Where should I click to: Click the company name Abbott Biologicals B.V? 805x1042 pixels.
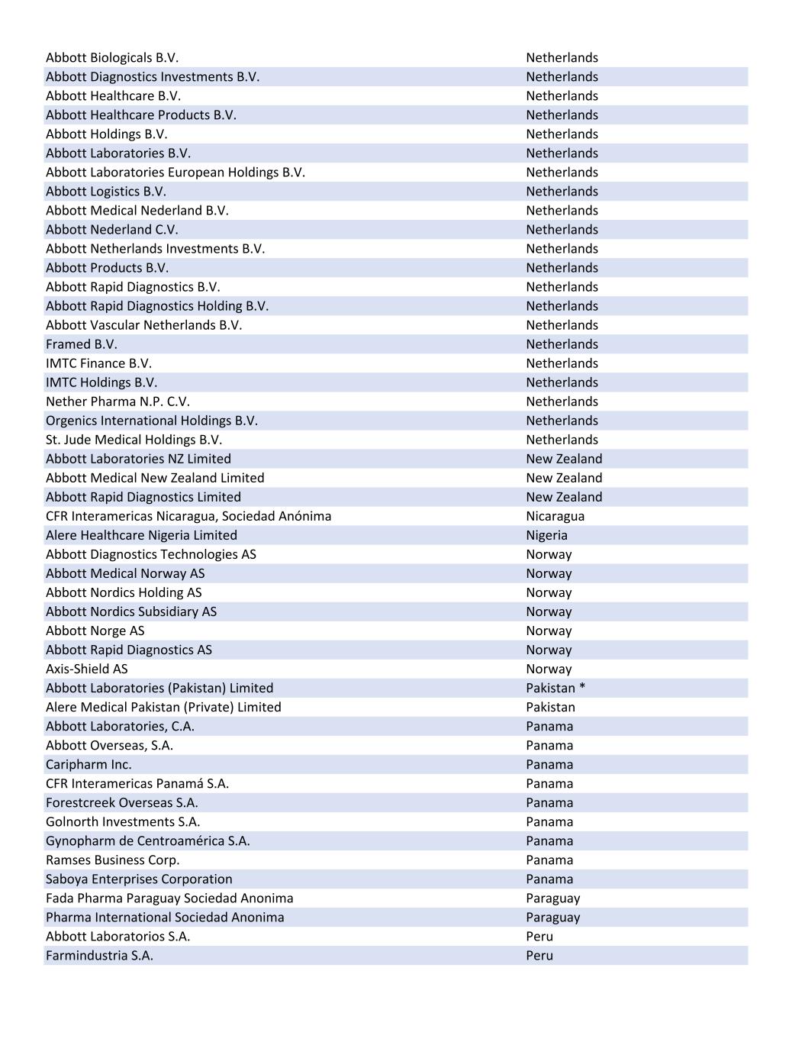click(x=112, y=58)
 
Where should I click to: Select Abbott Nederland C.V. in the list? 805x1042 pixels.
click(x=112, y=230)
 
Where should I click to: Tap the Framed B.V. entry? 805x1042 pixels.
click(x=82, y=344)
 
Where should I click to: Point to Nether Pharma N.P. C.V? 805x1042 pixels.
click(x=118, y=402)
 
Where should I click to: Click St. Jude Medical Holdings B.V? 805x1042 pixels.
click(x=134, y=440)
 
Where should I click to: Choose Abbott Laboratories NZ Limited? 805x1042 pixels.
click(x=138, y=459)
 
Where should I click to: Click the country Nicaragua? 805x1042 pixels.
click(x=555, y=516)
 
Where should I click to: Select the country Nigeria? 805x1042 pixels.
click(x=546, y=535)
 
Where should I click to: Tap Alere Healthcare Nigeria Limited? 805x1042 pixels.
click(x=141, y=535)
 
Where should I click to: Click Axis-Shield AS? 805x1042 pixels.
click(x=87, y=669)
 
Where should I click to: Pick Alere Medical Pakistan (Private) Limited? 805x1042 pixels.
click(x=163, y=707)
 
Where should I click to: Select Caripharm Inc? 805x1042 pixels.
click(x=89, y=764)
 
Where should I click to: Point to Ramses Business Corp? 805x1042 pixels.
click(x=113, y=860)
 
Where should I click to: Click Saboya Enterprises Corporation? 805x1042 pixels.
click(x=139, y=879)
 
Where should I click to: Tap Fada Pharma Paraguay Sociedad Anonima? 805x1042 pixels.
click(x=169, y=898)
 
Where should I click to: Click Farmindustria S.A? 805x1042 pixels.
click(x=99, y=955)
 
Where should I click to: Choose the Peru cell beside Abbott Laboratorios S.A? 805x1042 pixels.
click(x=539, y=936)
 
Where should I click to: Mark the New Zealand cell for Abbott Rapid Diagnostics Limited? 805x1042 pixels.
click(x=564, y=497)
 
